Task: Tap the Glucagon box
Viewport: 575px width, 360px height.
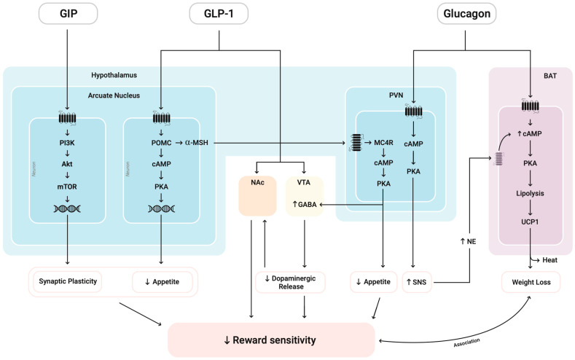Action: (467, 13)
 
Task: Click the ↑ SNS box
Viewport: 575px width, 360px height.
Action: (418, 281)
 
